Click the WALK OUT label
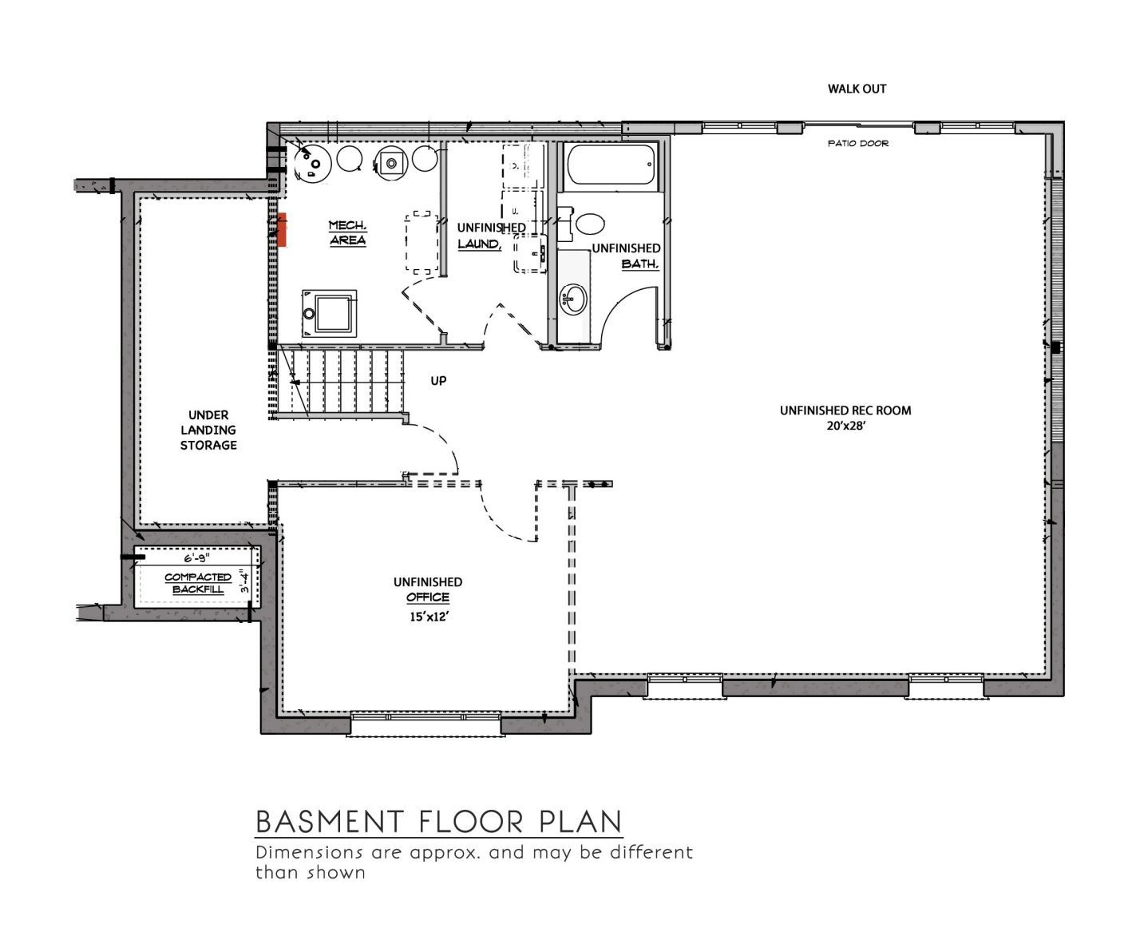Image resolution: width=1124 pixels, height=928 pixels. coord(857,89)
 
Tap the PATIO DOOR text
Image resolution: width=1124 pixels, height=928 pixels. coord(858,143)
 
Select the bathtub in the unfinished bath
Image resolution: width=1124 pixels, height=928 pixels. coord(611,165)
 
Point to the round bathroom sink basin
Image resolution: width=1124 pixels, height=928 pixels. coord(573,299)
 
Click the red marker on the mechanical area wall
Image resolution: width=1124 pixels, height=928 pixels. coord(282,230)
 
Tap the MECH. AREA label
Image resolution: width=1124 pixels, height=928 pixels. coord(348,232)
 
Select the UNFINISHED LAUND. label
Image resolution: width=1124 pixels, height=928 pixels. coord(491,236)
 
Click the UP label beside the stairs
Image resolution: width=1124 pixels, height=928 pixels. coord(438,381)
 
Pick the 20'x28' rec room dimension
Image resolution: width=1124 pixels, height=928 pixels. coord(846,426)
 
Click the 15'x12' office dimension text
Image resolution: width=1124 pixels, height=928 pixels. coord(429,617)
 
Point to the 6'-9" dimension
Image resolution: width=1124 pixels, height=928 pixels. coord(196,558)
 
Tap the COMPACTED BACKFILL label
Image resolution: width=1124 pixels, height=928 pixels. coord(197,583)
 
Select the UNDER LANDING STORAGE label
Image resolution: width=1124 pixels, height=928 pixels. coord(208,430)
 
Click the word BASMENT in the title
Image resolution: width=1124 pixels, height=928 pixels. coord(330,822)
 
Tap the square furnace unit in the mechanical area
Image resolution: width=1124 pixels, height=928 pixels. coord(330,314)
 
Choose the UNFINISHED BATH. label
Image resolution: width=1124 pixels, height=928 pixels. coord(626,256)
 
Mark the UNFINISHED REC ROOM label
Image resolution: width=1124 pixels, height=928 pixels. coord(845,410)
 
